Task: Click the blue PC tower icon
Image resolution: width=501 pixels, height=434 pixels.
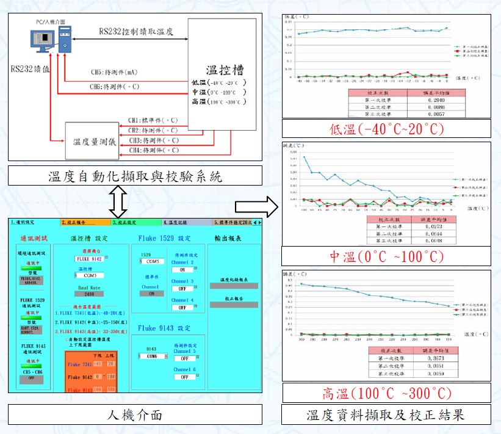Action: (65, 40)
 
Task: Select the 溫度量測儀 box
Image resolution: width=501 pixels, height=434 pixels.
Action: (90, 142)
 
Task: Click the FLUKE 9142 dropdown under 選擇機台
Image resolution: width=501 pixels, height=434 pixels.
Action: (90, 258)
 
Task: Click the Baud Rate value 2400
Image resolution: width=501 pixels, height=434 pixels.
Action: (90, 294)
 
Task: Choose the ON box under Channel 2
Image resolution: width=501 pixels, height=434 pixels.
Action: (182, 269)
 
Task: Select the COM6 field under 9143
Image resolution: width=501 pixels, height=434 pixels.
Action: (153, 356)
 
